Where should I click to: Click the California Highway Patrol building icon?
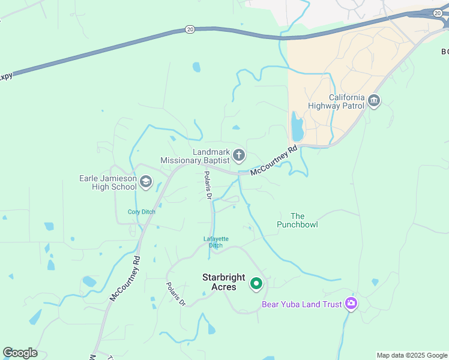374,100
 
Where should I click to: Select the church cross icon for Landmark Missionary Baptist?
238,156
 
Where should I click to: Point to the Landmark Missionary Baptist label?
194,157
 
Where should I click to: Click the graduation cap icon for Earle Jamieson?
146,182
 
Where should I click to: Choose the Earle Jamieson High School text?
108,182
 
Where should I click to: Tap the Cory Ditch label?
142,212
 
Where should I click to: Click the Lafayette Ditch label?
216,242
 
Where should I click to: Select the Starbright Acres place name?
223,282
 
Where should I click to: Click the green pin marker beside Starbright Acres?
256,283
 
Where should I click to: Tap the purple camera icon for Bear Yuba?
351,304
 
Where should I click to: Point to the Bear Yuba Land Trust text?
301,304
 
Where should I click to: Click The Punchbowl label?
297,220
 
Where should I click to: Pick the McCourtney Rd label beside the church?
274,161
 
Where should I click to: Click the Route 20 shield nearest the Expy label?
190,29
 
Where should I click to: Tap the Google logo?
20,353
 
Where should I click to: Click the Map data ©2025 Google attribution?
412,355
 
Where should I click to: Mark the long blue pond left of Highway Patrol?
297,127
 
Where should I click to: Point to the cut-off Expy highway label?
5,76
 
